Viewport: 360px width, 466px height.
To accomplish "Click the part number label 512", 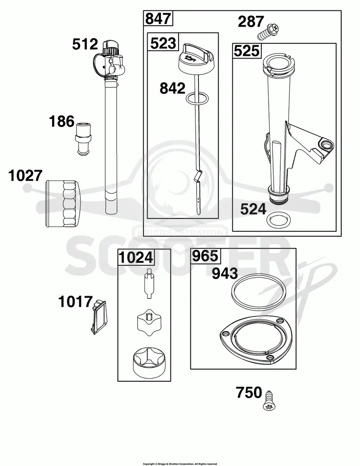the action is point(85,45).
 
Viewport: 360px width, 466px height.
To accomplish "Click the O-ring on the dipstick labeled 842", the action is point(197,98).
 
